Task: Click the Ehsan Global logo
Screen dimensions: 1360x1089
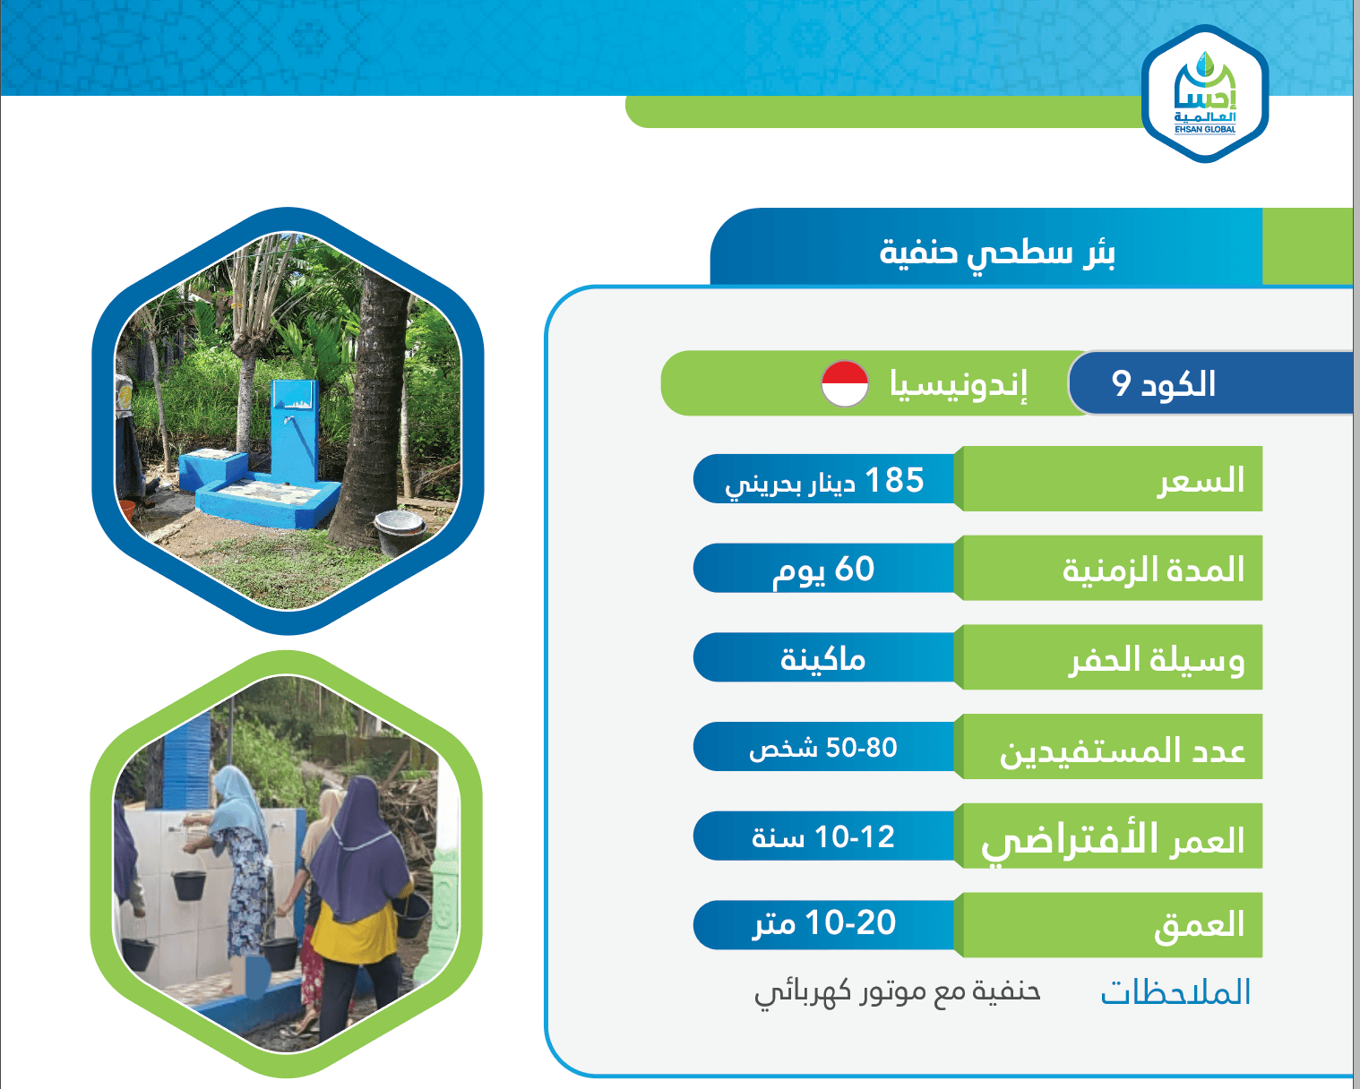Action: (x=1204, y=93)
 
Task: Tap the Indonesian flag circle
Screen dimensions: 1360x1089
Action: (x=845, y=383)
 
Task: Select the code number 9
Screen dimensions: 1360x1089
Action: (x=1121, y=383)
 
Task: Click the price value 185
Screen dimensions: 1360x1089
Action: (x=894, y=479)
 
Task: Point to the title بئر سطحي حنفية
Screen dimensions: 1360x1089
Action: (x=997, y=253)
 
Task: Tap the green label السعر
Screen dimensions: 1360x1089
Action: (x=1201, y=481)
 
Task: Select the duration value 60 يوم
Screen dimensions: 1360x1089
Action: (x=823, y=570)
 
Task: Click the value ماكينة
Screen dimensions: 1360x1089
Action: (x=822, y=659)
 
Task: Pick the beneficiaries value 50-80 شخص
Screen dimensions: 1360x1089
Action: (x=822, y=748)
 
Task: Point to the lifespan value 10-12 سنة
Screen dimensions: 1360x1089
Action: (x=822, y=837)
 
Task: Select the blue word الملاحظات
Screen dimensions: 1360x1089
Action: (x=1175, y=992)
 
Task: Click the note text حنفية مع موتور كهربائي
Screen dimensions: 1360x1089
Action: (x=898, y=993)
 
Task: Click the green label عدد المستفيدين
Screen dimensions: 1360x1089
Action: (x=1123, y=750)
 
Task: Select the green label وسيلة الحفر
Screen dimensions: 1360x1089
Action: (x=1157, y=661)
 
